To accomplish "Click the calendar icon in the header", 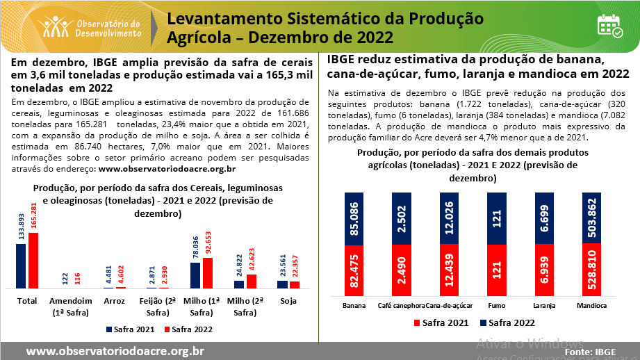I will point(610,25).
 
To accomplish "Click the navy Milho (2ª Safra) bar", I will point(239,284).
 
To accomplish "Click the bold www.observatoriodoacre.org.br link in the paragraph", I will point(167,168).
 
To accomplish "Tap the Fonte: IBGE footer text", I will point(591,352).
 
